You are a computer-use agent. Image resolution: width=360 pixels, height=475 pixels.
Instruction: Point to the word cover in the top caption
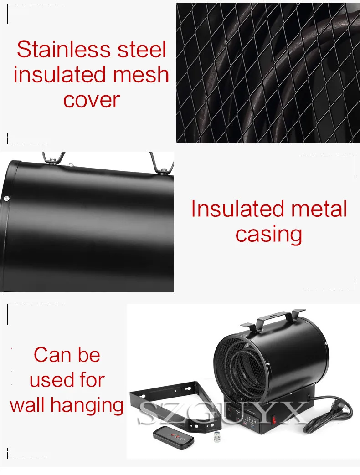(x=92, y=100)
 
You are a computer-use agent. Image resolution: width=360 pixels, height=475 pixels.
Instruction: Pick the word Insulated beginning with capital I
(x=238, y=209)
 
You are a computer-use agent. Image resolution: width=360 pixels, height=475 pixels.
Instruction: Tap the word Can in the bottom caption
(x=52, y=355)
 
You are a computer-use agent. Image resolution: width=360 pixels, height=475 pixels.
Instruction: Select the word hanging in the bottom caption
(x=87, y=406)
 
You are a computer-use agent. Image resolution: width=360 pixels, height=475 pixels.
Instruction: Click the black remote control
(x=173, y=438)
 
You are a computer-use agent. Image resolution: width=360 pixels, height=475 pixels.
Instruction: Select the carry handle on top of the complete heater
(x=273, y=320)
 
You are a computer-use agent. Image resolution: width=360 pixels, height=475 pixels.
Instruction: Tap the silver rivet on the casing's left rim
(x=6, y=199)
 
